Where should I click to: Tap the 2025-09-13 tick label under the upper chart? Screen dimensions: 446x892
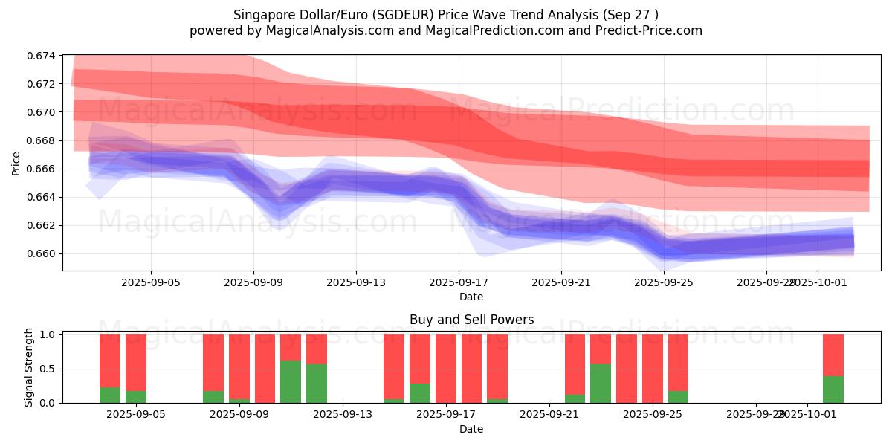click(356, 282)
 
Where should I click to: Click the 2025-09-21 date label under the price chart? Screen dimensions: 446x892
click(561, 282)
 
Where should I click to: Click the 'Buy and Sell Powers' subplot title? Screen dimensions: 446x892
click(471, 320)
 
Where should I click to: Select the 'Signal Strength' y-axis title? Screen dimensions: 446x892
click(30, 367)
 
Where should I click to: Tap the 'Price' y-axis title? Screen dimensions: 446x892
click(16, 163)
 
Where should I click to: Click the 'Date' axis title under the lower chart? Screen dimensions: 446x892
click(471, 429)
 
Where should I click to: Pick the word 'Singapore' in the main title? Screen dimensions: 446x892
click(260, 15)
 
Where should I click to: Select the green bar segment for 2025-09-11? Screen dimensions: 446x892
click(291, 381)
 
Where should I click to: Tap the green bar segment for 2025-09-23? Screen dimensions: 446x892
click(601, 383)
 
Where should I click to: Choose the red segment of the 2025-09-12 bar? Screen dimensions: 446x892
click(317, 349)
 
